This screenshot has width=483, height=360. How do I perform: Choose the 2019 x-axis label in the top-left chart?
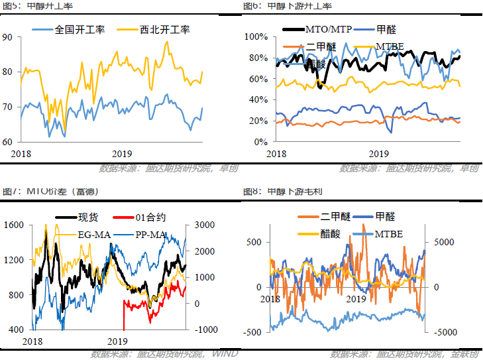click(121, 152)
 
